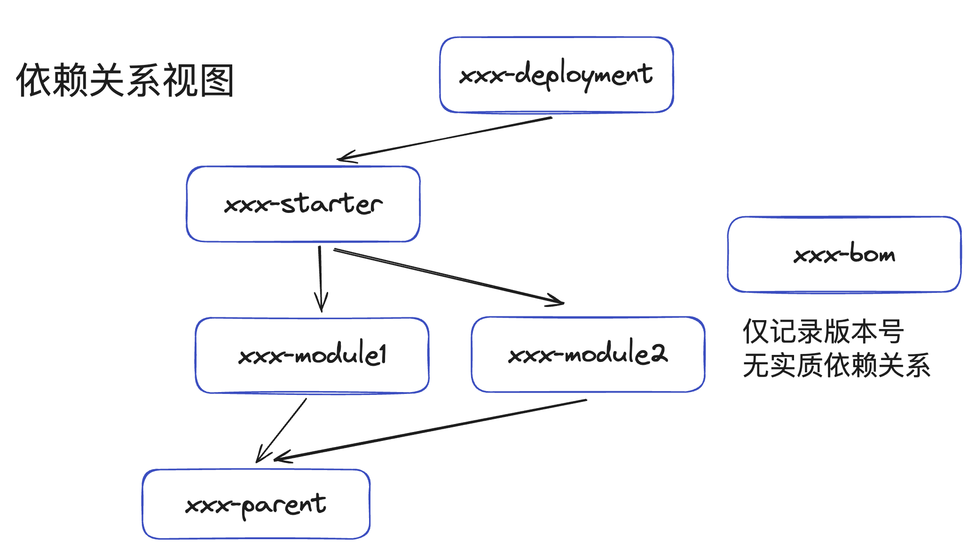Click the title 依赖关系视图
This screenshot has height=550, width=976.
pos(125,80)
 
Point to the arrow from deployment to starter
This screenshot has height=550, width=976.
pos(444,137)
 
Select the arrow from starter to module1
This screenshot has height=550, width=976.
pos(320,277)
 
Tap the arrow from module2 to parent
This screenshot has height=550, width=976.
pos(430,429)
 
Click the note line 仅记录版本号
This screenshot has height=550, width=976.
pos(823,332)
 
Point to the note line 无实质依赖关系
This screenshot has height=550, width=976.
pos(836,365)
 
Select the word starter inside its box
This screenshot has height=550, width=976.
pos(332,204)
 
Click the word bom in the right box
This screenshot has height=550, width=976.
pos(872,254)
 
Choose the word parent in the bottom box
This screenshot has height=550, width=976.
pos(283,505)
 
